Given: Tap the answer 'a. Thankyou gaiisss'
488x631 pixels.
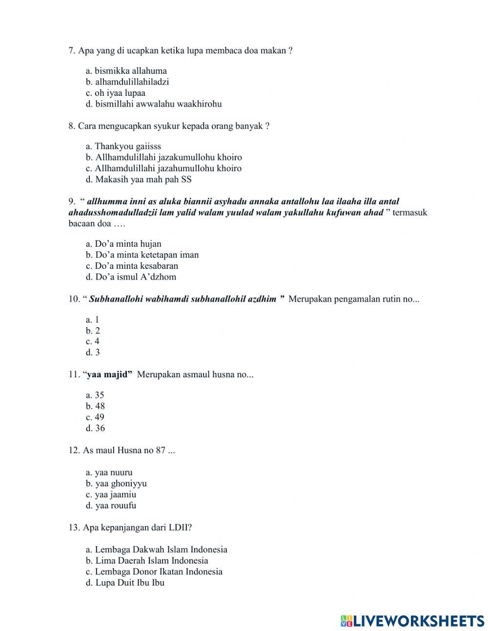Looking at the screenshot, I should click(123, 146).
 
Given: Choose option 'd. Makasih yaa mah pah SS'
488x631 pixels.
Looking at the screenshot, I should click(139, 179).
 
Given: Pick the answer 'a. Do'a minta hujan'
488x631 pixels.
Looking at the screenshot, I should click(123, 244).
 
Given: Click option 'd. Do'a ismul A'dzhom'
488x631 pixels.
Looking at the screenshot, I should click(131, 277).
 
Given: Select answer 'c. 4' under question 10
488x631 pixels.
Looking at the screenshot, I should click(93, 341).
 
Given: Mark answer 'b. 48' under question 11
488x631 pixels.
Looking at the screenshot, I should click(95, 406).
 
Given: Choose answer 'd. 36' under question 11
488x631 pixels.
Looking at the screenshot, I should click(95, 428).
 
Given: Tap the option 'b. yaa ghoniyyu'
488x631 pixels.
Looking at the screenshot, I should click(116, 483).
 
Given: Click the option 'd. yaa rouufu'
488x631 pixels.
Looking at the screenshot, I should click(111, 505).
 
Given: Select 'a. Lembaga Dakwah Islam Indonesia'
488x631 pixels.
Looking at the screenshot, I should click(157, 549).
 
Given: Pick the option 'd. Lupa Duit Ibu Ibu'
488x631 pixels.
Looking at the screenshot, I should click(125, 583).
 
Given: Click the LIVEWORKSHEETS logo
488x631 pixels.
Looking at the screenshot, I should click(412, 621).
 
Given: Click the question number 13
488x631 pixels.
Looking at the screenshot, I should click(74, 527).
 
